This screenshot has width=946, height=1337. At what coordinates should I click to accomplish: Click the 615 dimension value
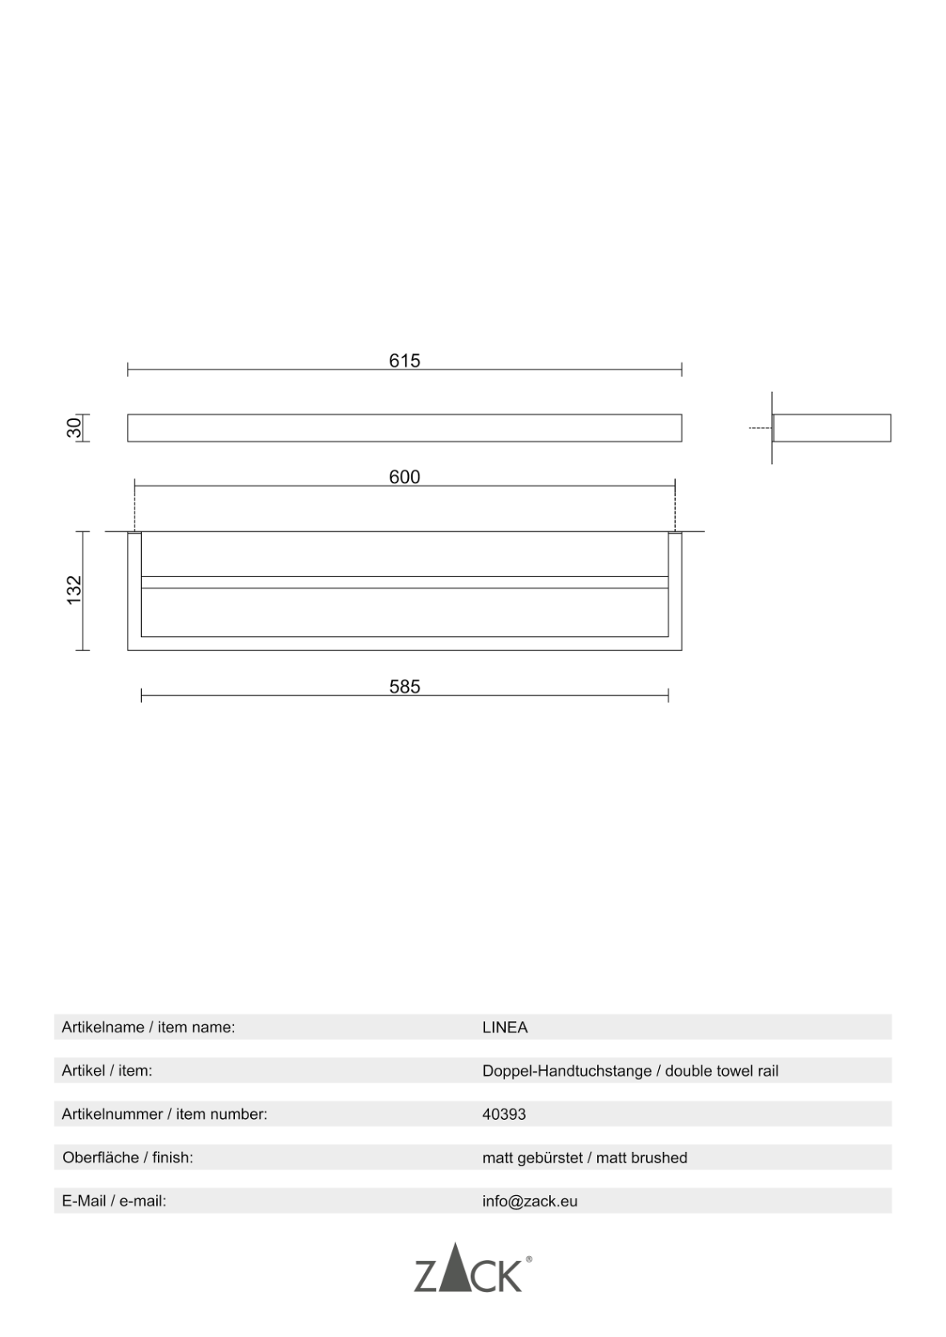click(x=404, y=361)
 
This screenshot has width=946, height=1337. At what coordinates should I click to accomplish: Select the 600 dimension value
click(x=404, y=477)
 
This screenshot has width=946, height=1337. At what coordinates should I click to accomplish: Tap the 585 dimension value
click(x=404, y=686)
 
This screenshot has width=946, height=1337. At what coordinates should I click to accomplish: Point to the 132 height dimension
click(x=75, y=590)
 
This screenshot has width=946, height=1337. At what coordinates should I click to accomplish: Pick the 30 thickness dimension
click(x=74, y=427)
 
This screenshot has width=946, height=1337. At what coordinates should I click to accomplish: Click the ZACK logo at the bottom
click(x=468, y=1269)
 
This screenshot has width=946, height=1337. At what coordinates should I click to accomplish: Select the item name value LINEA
click(x=505, y=1028)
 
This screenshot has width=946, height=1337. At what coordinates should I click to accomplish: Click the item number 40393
click(x=504, y=1114)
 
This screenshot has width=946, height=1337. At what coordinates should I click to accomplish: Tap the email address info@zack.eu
click(x=530, y=1201)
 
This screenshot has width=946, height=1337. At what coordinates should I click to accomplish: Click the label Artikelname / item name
click(x=148, y=1028)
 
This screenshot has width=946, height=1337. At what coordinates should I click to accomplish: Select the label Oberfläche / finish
click(x=128, y=1157)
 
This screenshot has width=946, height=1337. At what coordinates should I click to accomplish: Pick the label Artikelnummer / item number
click(x=164, y=1114)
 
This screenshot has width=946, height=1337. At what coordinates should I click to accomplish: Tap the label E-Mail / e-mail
click(x=114, y=1201)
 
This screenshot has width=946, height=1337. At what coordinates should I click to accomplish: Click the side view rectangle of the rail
click(x=831, y=428)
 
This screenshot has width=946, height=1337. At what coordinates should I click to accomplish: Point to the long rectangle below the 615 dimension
click(x=404, y=428)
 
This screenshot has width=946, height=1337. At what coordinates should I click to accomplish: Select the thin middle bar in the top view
click(x=404, y=582)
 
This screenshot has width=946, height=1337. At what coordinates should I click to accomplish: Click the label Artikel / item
click(x=107, y=1071)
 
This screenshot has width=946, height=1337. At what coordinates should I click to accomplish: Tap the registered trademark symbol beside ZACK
click(x=528, y=1259)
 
